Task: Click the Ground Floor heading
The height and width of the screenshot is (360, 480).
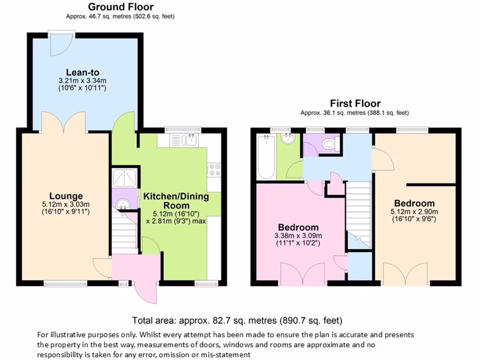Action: [120, 7]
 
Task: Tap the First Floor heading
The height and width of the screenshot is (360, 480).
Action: [355, 104]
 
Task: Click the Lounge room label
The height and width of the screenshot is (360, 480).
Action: [66, 196]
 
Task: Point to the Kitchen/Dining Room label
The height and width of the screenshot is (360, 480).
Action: [176, 201]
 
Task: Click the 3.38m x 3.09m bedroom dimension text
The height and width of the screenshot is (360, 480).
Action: [298, 236]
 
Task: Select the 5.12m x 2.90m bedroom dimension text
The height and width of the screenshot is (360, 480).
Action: [414, 211]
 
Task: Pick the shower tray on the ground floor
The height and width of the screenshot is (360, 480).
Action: [125, 178]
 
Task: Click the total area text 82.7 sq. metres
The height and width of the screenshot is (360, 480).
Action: [237, 321]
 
